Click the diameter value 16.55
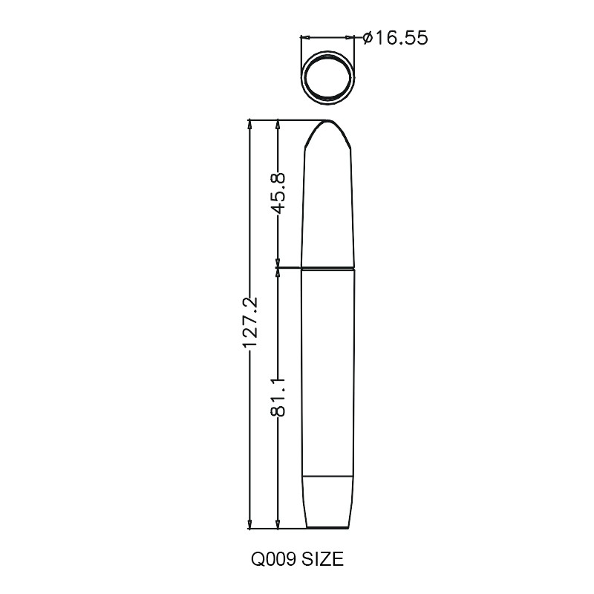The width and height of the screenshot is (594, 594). pos(401,38)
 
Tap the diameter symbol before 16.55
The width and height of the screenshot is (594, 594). pos(368,38)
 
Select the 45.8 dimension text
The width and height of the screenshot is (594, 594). pos(278,194)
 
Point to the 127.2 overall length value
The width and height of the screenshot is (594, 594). pos(249,322)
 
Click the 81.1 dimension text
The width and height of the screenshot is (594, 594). pos(278,397)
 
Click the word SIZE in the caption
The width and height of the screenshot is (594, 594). pos(323,559)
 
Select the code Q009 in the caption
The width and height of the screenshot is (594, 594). pos(274,559)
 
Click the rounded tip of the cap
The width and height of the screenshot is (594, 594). pos(327,122)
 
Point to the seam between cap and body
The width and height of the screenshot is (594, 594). pos(327,268)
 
